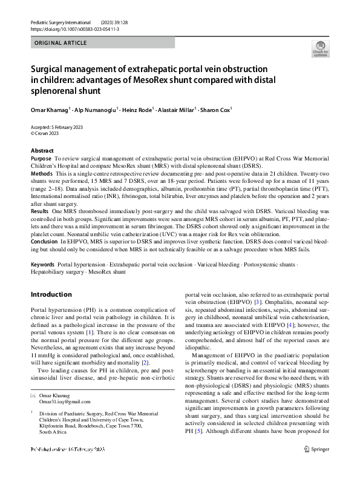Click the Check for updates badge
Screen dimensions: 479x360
click(x=319, y=48)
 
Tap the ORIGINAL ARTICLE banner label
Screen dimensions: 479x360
click(x=61, y=43)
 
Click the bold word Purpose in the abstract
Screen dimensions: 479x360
click(x=41, y=157)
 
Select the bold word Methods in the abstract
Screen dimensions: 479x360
click(x=42, y=173)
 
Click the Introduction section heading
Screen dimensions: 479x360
click(x=51, y=295)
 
